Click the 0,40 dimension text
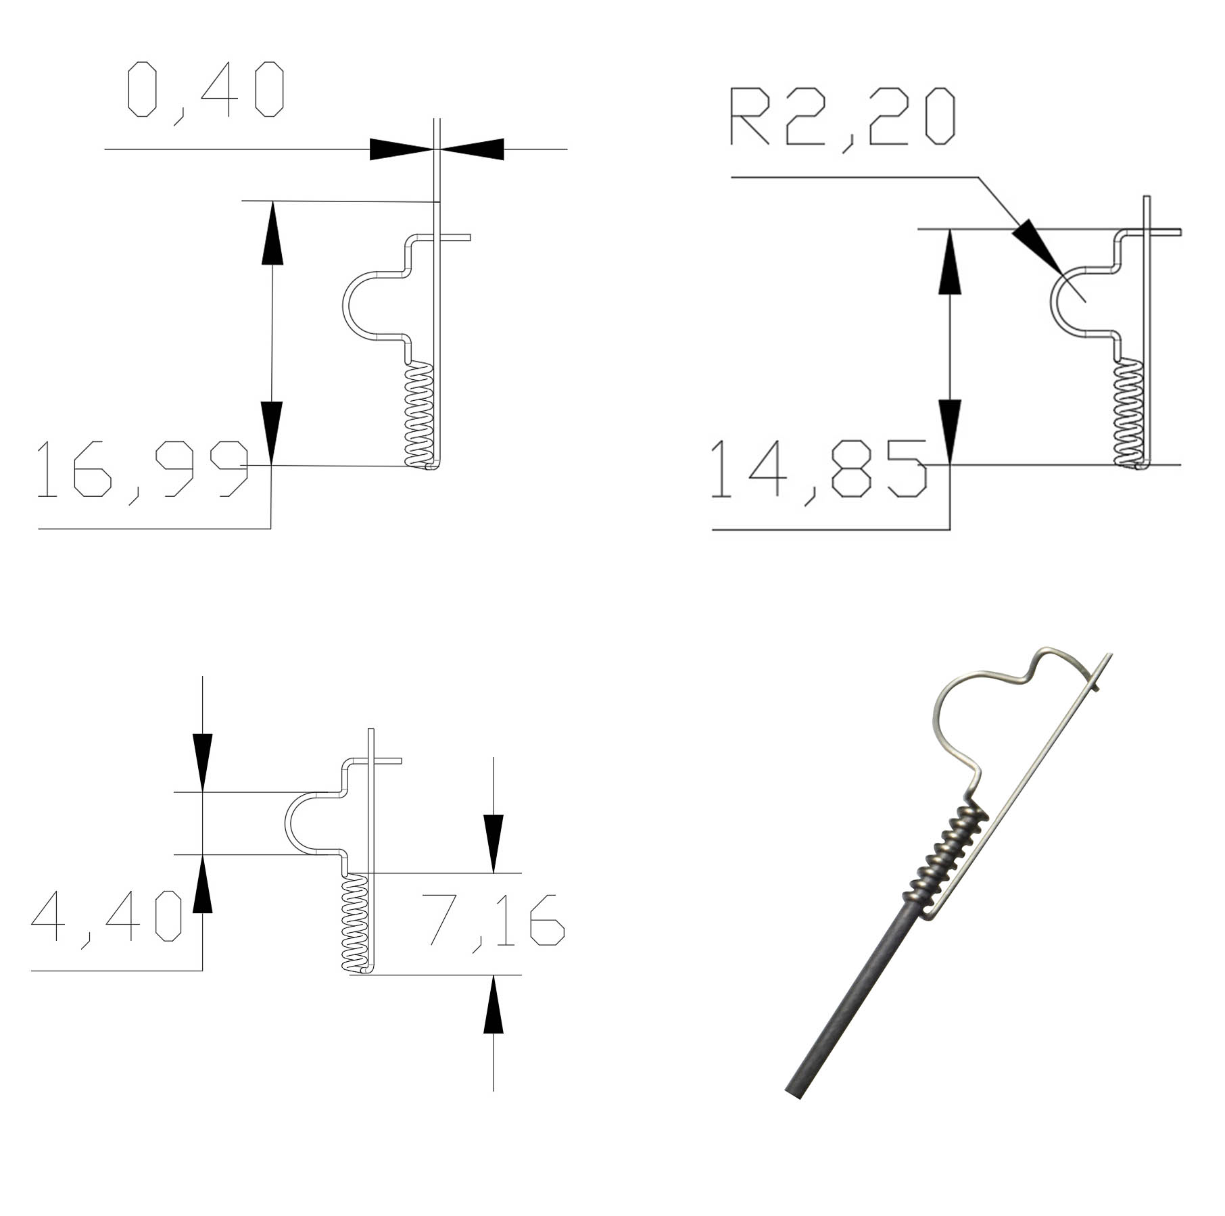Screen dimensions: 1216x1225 206,89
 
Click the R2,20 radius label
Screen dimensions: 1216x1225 842,117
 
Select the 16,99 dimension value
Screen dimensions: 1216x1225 143,469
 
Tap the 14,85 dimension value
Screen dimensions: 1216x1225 819,469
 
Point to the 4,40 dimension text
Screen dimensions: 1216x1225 107,917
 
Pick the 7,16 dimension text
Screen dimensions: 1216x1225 493,919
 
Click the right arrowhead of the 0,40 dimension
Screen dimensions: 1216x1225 473,149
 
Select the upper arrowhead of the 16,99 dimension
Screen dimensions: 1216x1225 272,233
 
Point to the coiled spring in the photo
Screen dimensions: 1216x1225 946,855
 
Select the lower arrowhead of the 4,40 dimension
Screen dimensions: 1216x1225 202,885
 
